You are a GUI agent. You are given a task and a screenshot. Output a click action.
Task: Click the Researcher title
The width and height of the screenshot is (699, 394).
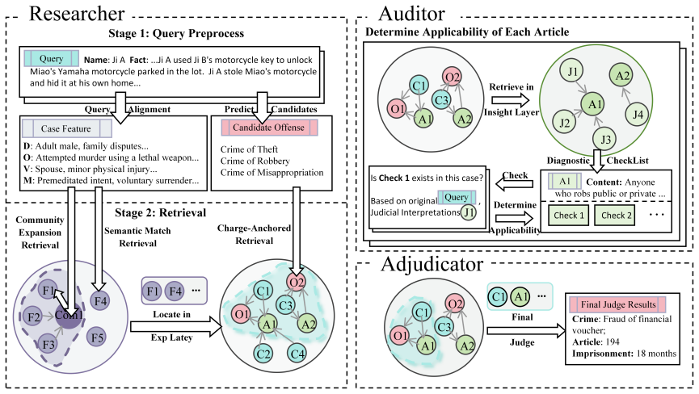tap(77, 14)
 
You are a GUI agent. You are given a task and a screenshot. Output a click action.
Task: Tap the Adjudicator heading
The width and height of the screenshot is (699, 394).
tap(432, 264)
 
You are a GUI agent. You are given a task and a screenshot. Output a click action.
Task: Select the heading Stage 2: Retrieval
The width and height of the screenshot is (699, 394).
tap(161, 213)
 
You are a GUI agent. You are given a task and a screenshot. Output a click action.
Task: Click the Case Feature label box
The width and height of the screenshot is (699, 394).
tap(66, 128)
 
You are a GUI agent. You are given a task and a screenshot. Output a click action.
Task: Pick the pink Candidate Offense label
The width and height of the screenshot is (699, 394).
tap(269, 128)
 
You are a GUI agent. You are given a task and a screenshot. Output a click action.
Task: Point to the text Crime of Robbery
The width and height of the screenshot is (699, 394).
tap(255, 161)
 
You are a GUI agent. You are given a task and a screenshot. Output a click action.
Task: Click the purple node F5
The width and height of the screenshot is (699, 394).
tap(97, 337)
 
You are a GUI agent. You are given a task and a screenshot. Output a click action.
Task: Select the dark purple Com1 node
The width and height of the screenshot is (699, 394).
tap(69, 315)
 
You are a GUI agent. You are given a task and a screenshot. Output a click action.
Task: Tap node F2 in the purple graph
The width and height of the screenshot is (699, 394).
tap(33, 317)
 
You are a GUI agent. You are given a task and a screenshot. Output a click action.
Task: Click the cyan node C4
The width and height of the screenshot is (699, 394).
tap(297, 354)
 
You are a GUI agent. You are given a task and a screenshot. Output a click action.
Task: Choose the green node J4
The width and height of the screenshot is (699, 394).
tap(638, 115)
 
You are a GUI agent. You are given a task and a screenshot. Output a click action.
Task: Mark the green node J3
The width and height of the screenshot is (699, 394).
tap(605, 140)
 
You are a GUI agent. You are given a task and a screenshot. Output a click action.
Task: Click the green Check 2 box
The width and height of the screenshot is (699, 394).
tap(617, 216)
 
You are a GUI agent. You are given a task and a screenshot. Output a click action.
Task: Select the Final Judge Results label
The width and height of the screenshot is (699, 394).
tap(618, 304)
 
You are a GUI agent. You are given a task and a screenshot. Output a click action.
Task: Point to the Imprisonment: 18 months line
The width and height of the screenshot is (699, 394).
tap(624, 354)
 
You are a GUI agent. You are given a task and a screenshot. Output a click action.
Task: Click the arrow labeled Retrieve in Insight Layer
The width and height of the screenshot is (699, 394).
tap(512, 99)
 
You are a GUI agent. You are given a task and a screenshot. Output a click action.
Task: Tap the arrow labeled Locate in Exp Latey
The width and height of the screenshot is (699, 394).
tap(176, 327)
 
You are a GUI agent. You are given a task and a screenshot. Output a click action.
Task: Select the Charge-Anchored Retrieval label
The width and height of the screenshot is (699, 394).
tap(254, 234)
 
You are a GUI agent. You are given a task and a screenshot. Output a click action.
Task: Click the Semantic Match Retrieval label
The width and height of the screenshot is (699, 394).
tap(137, 237)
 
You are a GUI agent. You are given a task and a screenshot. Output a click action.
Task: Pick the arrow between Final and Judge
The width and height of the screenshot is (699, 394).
tap(527, 330)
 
